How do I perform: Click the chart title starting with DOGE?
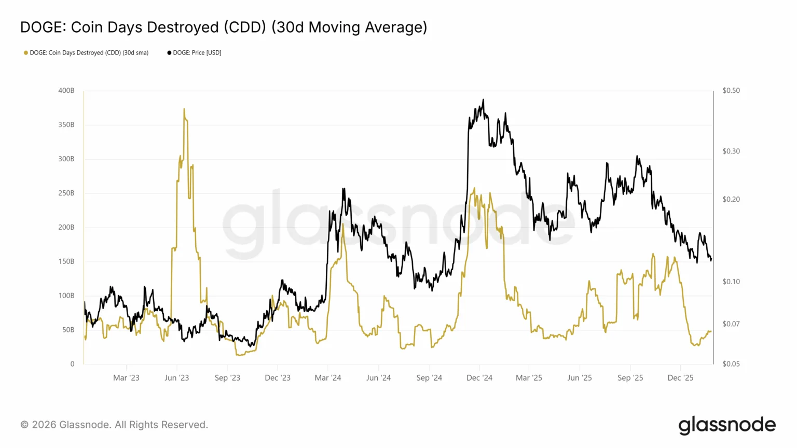[224, 27]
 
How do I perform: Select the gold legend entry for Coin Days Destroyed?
[89, 53]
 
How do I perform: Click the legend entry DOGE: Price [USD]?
[197, 53]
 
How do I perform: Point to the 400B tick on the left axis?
[66, 91]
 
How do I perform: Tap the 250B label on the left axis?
[66, 193]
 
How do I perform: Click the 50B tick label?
[68, 330]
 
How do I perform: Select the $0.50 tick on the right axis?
[731, 91]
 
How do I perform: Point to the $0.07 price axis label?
[731, 324]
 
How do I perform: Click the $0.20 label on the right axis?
[731, 200]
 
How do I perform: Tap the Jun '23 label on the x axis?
[177, 378]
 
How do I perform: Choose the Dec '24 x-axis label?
[479, 378]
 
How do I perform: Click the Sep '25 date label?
[630, 378]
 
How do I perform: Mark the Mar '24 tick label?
[328, 378]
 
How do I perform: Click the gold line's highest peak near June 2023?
[184, 109]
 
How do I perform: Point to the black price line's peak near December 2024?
[484, 100]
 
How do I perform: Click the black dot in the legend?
[169, 53]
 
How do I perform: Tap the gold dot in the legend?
[26, 53]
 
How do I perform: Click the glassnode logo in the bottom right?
[727, 425]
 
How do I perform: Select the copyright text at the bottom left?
[114, 425]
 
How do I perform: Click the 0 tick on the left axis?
[72, 364]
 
